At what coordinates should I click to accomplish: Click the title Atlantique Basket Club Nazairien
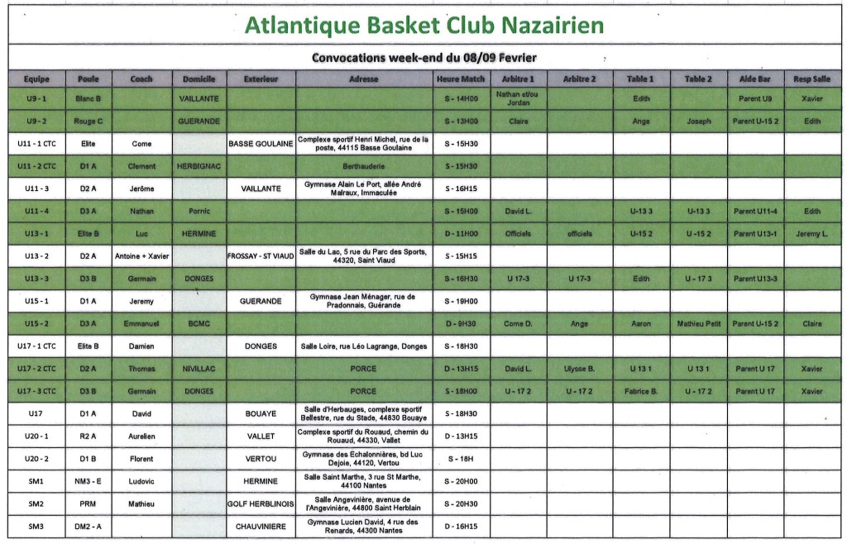(x=424, y=25)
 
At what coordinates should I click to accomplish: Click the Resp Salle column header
(x=813, y=79)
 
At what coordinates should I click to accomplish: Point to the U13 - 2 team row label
(x=37, y=256)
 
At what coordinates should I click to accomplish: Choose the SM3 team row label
(x=37, y=527)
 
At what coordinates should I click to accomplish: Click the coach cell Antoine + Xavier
(x=141, y=256)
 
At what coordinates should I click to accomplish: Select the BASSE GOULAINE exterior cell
(x=261, y=143)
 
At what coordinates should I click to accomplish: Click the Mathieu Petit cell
(x=698, y=323)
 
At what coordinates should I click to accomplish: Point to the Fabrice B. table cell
(x=641, y=391)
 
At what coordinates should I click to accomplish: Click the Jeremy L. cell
(x=813, y=234)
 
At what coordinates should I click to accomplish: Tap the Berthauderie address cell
(x=365, y=165)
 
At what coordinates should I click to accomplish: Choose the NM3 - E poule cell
(x=88, y=481)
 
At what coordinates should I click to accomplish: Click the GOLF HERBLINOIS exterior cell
(x=261, y=503)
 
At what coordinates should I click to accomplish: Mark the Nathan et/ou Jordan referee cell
(x=518, y=98)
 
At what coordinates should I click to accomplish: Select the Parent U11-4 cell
(x=755, y=211)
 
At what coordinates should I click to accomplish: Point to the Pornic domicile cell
(x=199, y=211)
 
